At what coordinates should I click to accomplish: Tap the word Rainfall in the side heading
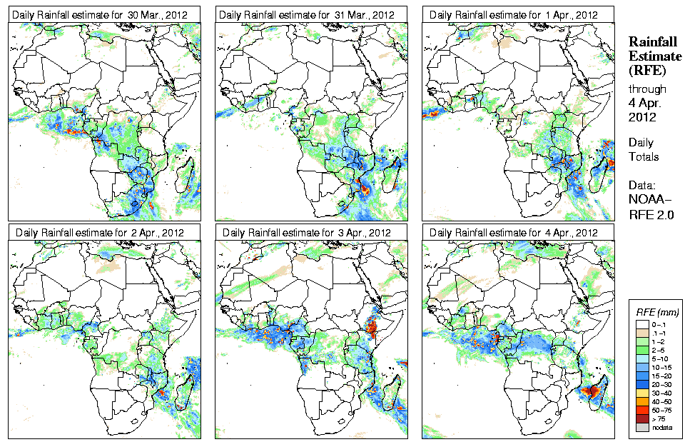point(651,42)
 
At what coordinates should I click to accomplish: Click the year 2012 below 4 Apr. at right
point(641,117)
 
